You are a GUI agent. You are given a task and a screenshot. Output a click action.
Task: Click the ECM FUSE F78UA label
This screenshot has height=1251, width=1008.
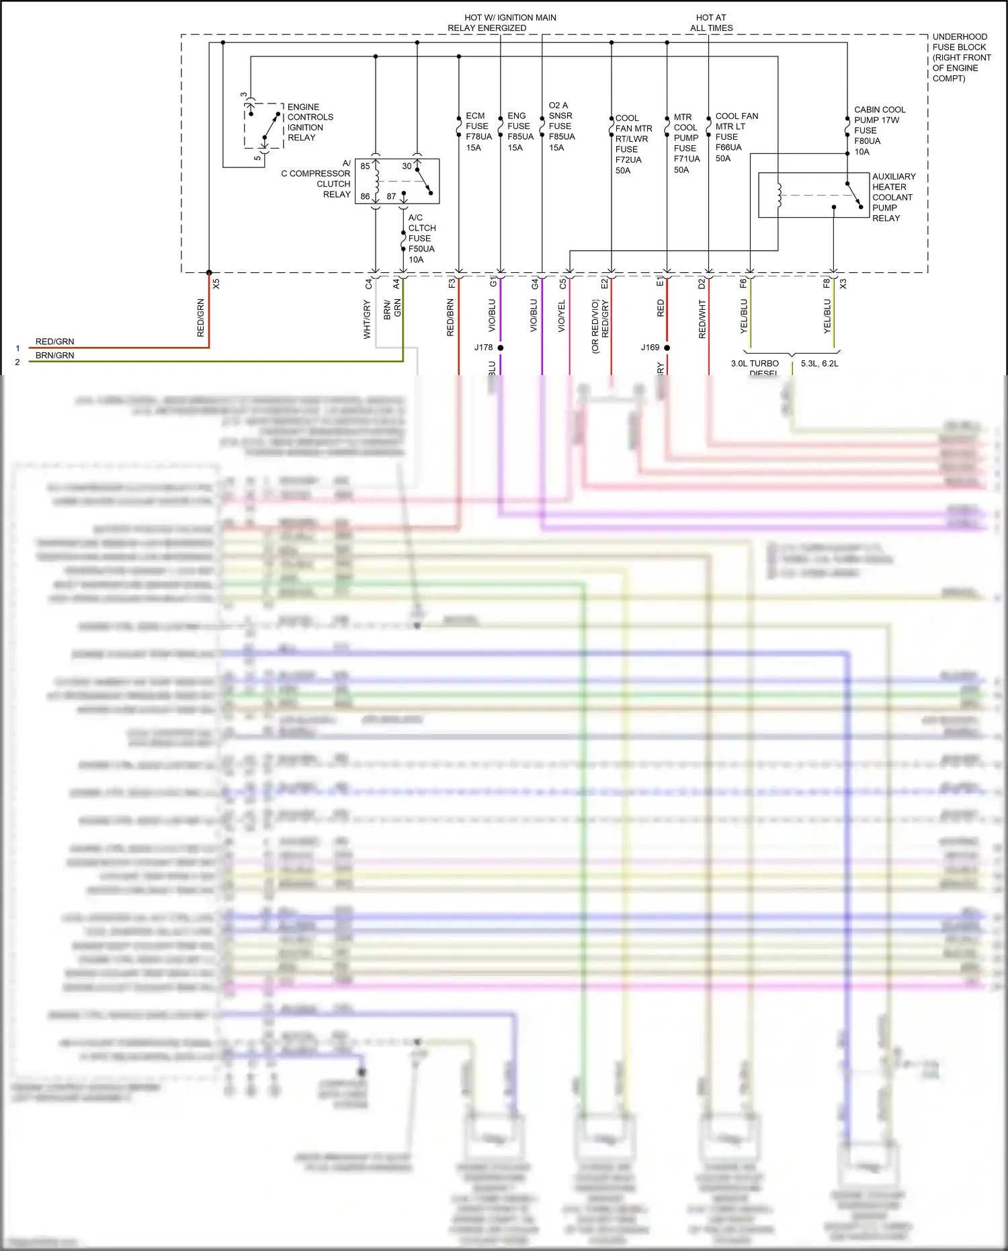click(478, 131)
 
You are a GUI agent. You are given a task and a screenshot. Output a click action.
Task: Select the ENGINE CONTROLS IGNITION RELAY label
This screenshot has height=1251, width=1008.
click(310, 122)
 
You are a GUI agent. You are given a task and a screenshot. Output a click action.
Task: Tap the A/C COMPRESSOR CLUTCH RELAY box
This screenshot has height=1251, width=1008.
click(397, 181)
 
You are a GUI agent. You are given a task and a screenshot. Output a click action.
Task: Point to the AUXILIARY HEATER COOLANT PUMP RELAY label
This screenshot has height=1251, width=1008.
click(893, 197)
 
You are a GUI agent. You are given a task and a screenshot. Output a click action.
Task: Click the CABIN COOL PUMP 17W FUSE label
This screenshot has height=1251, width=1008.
click(879, 130)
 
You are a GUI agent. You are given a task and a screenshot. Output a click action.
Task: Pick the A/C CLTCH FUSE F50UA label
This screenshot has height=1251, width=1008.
click(421, 238)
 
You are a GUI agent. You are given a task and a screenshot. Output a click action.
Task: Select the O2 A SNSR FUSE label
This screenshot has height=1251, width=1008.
click(561, 126)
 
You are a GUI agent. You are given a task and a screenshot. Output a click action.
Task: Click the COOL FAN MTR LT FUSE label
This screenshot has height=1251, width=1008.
click(736, 136)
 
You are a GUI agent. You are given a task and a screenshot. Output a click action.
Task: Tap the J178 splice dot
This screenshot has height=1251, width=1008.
click(500, 348)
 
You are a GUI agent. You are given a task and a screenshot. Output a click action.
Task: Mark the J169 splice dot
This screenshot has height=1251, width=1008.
click(667, 348)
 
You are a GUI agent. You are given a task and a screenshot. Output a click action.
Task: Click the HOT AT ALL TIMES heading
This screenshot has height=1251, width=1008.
click(711, 23)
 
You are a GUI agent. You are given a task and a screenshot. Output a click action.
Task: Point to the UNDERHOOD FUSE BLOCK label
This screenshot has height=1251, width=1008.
click(961, 57)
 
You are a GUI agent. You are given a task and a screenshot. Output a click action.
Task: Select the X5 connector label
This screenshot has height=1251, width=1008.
click(216, 284)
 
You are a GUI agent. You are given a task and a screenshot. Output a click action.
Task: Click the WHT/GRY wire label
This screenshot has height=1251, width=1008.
click(367, 319)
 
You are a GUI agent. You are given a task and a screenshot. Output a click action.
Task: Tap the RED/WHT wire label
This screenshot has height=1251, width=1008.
click(702, 319)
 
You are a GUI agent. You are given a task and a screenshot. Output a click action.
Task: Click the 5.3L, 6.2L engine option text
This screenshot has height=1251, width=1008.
click(819, 364)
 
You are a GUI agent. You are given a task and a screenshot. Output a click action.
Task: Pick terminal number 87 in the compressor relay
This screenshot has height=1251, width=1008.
click(391, 196)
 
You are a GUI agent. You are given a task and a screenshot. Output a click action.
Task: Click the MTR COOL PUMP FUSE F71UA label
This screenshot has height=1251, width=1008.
click(686, 143)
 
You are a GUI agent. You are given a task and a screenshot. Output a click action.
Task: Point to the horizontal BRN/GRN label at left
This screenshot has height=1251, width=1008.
click(54, 356)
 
